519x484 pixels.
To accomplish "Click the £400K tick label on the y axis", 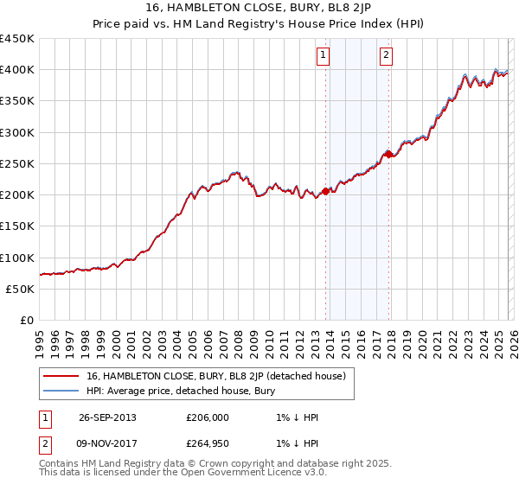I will [x=17, y=70].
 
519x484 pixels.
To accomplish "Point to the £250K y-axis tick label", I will [x=17, y=163].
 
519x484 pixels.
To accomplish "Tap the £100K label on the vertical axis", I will [x=17, y=258].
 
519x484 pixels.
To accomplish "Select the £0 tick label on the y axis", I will [x=26, y=320].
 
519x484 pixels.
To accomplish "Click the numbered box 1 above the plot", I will [x=324, y=56].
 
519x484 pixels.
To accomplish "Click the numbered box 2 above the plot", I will [x=386, y=56].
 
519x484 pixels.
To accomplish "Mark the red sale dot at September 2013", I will [x=325, y=191].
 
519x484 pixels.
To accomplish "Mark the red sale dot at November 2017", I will [x=389, y=155].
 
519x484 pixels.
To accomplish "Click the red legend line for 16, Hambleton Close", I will [x=61, y=376].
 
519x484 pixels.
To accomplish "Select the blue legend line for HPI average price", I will [x=61, y=391].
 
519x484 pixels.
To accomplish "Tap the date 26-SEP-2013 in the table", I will [x=107, y=417].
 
